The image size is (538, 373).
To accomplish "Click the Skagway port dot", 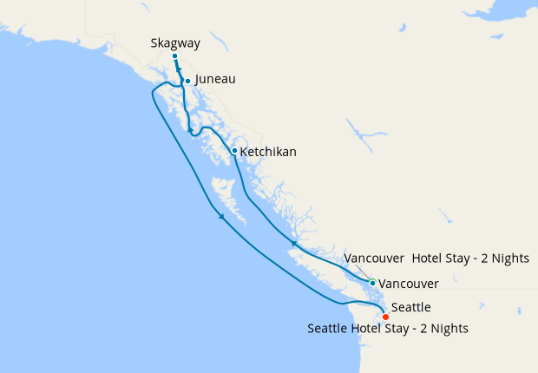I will point(174,56).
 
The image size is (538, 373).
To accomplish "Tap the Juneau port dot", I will point(187,81).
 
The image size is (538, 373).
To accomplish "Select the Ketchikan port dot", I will point(234,151).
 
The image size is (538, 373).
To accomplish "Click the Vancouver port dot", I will point(372,283).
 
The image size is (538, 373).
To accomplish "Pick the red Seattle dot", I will point(385,317).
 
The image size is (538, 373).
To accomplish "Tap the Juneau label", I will point(215,79).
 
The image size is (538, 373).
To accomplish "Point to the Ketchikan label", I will point(268,152).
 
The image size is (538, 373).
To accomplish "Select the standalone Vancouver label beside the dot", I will point(409,284).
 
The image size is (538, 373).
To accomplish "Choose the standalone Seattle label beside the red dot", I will point(411,307).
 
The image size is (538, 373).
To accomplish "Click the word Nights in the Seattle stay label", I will point(450,329).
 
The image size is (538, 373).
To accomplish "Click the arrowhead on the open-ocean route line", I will point(222,217).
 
